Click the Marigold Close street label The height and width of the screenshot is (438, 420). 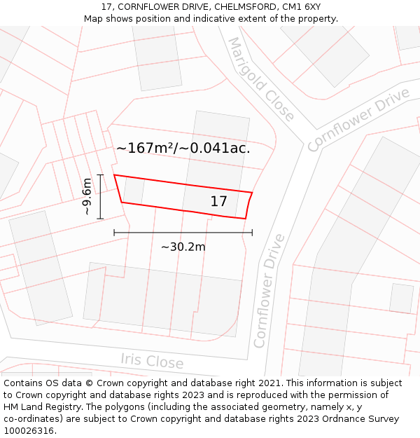261,78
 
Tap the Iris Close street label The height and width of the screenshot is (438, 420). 152,361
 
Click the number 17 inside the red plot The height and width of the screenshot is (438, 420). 218,202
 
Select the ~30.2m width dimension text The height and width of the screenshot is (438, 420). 183,247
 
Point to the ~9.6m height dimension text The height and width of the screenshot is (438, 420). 87,196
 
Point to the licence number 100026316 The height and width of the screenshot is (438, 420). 30,431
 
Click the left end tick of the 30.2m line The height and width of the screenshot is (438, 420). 114,232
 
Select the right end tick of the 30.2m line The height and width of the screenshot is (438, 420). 252,232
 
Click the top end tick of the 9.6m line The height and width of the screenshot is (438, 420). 100,175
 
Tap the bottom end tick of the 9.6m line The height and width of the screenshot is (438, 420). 100,219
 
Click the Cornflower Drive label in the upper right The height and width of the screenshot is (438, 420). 358,119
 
